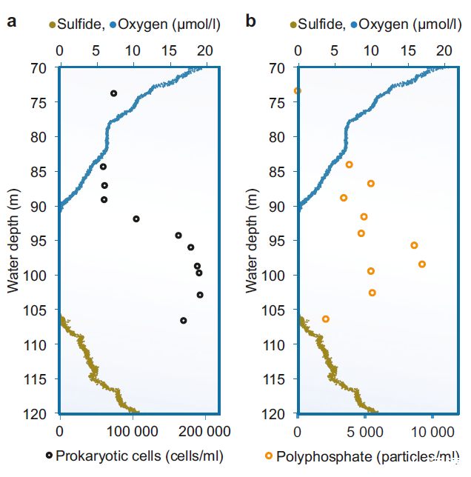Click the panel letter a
[x=12, y=21]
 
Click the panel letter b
[x=250, y=21]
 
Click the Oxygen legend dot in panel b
[x=354, y=25]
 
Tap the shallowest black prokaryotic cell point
[x=113, y=93]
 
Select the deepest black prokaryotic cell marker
[x=183, y=320]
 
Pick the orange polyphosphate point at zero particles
[x=297, y=91]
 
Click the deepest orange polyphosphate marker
[x=326, y=318]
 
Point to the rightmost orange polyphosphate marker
[x=422, y=264]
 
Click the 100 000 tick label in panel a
[x=132, y=430]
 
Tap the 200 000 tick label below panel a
[x=202, y=430]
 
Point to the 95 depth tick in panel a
[x=41, y=241]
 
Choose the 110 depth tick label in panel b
[x=278, y=344]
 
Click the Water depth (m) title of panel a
[x=13, y=240]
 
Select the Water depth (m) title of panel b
[x=252, y=240]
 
